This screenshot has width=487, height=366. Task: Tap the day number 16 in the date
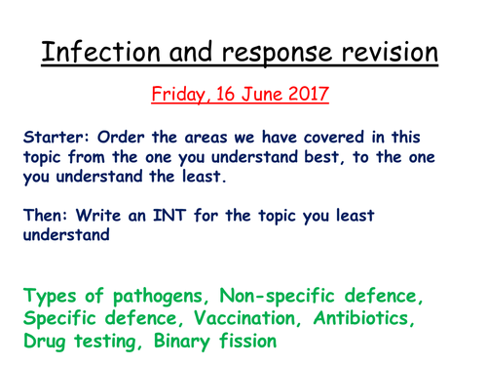[x=225, y=97]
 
